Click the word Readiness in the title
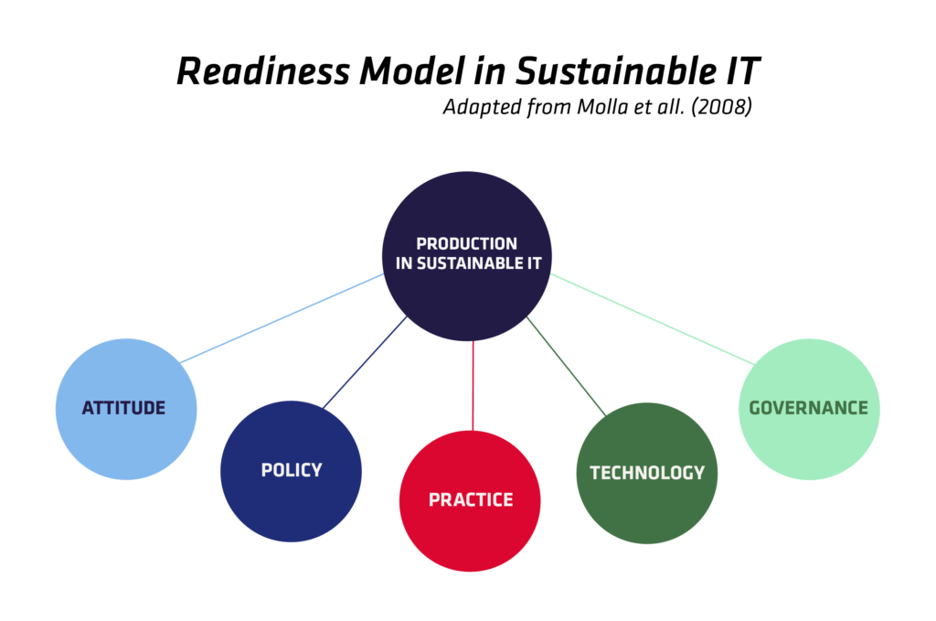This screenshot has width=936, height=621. pyautogui.click(x=262, y=71)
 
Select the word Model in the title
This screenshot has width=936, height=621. pyautogui.click(x=412, y=71)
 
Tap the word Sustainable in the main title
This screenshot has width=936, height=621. pyautogui.click(x=616, y=71)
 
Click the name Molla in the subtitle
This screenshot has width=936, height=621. pyautogui.click(x=603, y=107)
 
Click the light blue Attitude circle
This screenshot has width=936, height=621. pyautogui.click(x=126, y=409)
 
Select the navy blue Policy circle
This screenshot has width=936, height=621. pyautogui.click(x=291, y=471)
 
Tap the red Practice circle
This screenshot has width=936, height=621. pyautogui.click(x=470, y=501)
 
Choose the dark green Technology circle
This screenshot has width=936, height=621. pyautogui.click(x=647, y=473)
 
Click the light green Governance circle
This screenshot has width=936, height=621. pyautogui.click(x=810, y=409)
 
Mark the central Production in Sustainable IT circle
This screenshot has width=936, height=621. pyautogui.click(x=467, y=256)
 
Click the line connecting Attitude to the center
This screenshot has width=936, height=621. pyautogui.click(x=282, y=318)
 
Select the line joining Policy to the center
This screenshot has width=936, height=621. pyautogui.click(x=365, y=362)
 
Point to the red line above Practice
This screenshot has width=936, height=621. pyautogui.click(x=473, y=386)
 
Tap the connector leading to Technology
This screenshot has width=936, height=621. pyautogui.click(x=566, y=366)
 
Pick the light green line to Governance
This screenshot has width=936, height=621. pyautogui.click(x=653, y=319)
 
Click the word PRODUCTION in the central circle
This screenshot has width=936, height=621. pyautogui.click(x=467, y=243)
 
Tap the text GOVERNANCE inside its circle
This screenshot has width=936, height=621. pyautogui.click(x=809, y=408)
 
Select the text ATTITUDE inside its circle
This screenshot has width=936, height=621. pyautogui.click(x=123, y=408)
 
